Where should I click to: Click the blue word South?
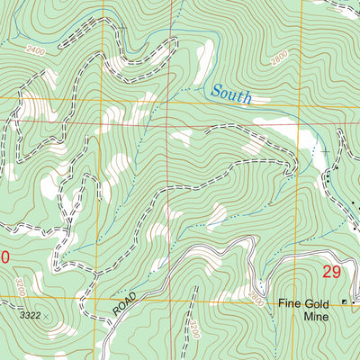(x=230, y=93)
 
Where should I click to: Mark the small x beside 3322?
(x=47, y=316)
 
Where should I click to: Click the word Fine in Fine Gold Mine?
(x=288, y=304)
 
